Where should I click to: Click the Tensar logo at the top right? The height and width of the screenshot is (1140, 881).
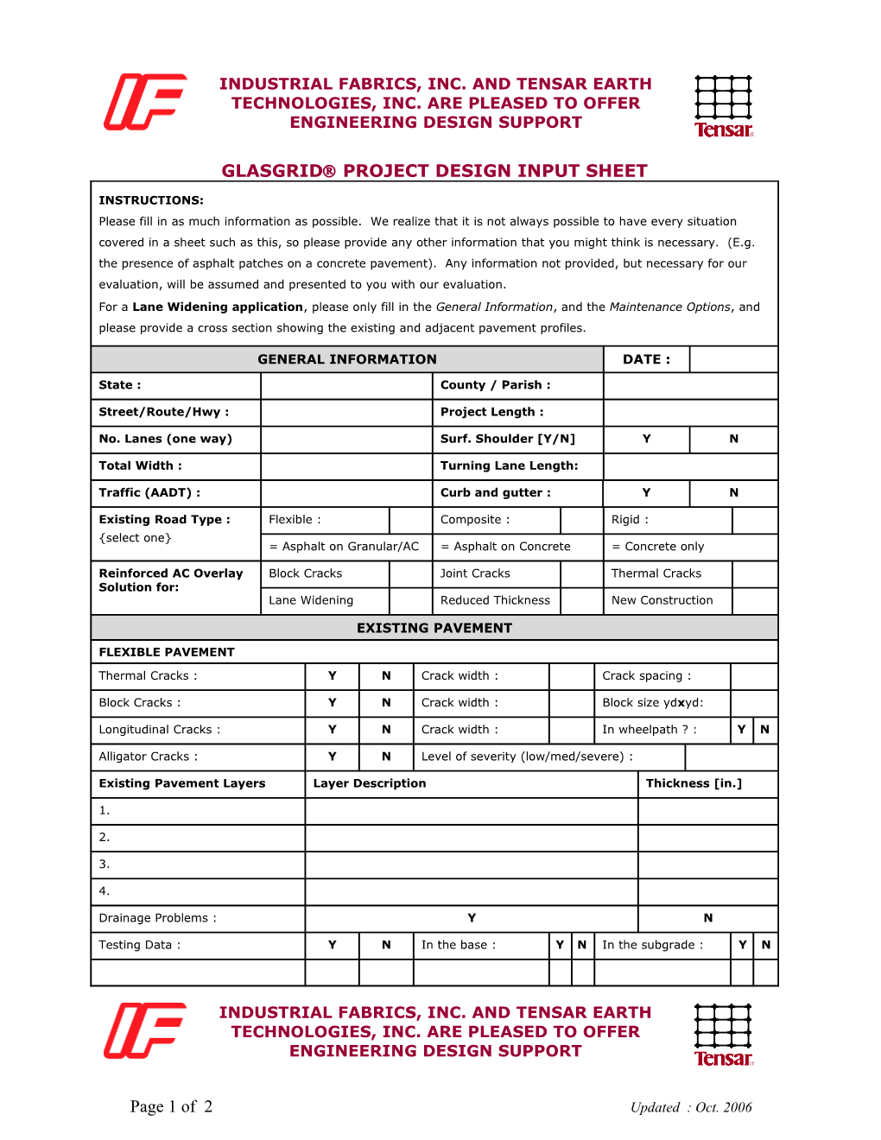pyautogui.click(x=724, y=106)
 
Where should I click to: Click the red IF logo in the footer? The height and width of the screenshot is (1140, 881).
pyautogui.click(x=145, y=1030)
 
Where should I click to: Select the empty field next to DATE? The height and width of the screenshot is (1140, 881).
pyautogui.click(x=733, y=359)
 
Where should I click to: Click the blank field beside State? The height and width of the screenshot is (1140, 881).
pyautogui.click(x=346, y=385)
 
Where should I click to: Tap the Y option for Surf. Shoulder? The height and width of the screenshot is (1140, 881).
pyautogui.click(x=646, y=439)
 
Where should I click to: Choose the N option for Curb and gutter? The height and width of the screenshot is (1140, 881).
pyautogui.click(x=733, y=492)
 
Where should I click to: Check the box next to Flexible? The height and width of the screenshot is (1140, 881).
pyautogui.click(x=410, y=520)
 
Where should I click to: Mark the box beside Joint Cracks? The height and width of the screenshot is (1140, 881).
pyautogui.click(x=581, y=573)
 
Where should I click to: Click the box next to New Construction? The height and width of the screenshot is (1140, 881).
pyautogui.click(x=754, y=600)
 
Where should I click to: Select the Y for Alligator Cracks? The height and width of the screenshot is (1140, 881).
pyautogui.click(x=332, y=757)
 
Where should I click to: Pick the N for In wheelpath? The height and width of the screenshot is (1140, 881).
pyautogui.click(x=764, y=730)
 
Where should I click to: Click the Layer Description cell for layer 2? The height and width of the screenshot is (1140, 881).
pyautogui.click(x=471, y=837)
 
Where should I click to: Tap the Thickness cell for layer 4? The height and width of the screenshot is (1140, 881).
pyautogui.click(x=707, y=890)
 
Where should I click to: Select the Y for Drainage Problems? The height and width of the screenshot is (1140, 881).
pyautogui.click(x=472, y=918)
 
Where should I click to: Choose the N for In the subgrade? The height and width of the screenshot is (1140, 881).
pyautogui.click(x=765, y=945)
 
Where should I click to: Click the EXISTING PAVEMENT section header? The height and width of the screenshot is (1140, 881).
pyautogui.click(x=434, y=628)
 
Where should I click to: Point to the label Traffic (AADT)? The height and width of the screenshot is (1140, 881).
pyautogui.click(x=149, y=492)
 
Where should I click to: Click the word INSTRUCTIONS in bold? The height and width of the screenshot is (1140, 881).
pyautogui.click(x=151, y=200)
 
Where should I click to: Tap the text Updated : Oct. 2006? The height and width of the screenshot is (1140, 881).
pyautogui.click(x=690, y=1107)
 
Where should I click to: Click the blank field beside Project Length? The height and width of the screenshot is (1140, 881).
pyautogui.click(x=690, y=412)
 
